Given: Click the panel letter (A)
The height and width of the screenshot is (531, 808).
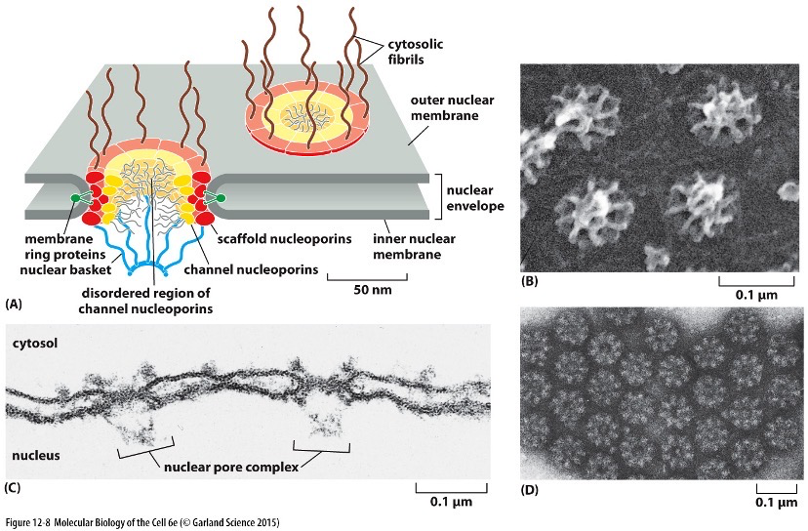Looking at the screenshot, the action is [x=14, y=306].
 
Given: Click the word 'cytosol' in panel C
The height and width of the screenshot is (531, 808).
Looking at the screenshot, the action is [x=35, y=343].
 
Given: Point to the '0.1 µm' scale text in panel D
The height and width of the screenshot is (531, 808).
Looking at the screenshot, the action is [x=777, y=505].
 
